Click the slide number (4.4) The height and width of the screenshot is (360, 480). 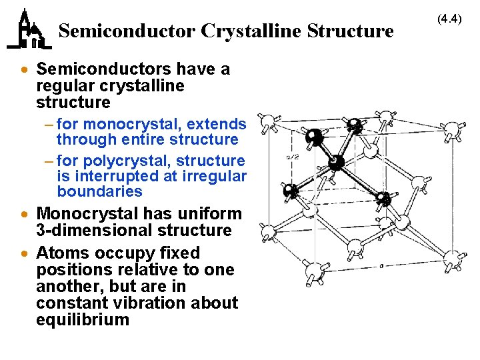(x=449, y=19)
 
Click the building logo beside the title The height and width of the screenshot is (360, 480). (x=28, y=30)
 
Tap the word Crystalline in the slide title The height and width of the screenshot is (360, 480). (x=247, y=31)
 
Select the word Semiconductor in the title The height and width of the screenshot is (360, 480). (x=127, y=31)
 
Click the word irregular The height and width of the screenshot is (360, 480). (x=217, y=176)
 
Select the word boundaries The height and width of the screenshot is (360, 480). (x=100, y=191)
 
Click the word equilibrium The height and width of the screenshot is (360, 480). (x=83, y=319)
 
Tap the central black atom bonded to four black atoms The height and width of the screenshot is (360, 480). (x=337, y=161)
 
